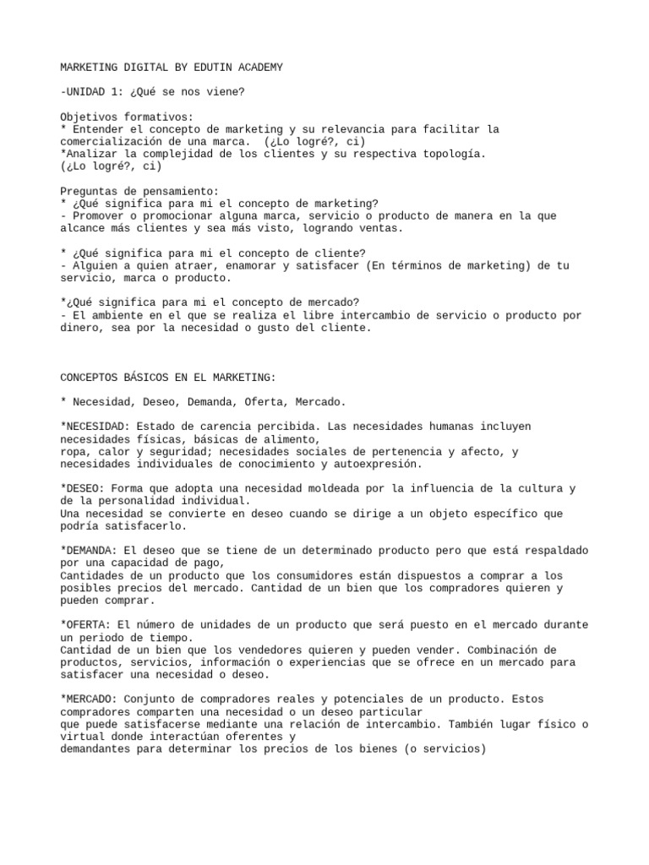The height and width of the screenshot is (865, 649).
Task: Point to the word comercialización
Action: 113,141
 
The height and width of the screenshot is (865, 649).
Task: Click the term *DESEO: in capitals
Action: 82,488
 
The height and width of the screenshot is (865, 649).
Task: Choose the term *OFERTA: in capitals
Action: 85,625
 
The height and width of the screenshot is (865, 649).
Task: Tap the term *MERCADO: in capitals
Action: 89,699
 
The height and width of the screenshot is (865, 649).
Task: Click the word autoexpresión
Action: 378,464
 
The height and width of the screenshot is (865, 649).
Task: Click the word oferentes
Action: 253,737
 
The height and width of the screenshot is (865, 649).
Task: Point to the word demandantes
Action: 95,749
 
